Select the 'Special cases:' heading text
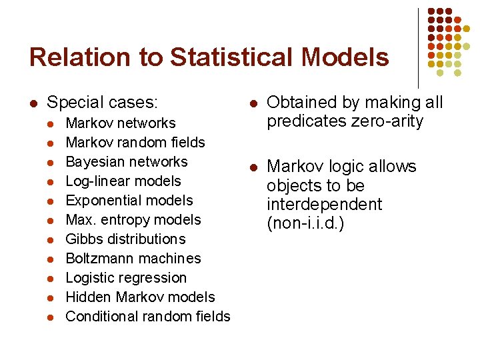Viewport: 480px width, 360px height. (x=103, y=103)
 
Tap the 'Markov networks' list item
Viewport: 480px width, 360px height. (x=121, y=123)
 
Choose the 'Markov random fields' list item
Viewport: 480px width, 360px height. (x=135, y=143)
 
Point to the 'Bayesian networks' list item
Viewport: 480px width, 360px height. (x=127, y=162)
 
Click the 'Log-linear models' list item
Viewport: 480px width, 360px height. (x=123, y=181)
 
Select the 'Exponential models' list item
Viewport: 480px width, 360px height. (x=129, y=201)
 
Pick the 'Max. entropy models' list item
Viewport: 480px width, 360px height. (x=133, y=220)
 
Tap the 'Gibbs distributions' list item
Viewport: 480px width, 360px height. (x=126, y=239)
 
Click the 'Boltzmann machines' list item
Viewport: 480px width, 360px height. (x=133, y=259)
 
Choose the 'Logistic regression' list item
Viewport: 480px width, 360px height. (x=126, y=278)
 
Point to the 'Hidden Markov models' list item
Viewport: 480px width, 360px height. (x=140, y=297)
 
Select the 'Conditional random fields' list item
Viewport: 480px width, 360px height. (x=148, y=317)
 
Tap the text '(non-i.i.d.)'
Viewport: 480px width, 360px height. (x=305, y=224)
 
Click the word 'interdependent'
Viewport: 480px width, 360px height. (x=324, y=205)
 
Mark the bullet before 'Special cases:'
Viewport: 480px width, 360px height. (x=32, y=103)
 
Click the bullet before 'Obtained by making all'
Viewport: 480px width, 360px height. (x=253, y=103)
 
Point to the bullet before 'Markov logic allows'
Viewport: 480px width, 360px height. (x=253, y=167)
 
